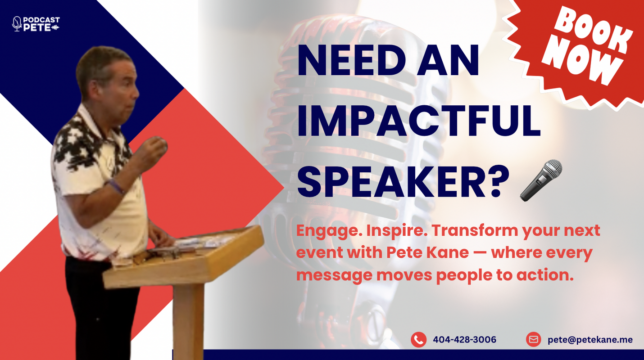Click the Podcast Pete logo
(x=36, y=24)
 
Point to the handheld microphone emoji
(x=541, y=180)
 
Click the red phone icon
(x=419, y=340)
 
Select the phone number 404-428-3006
(x=465, y=340)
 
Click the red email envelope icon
(x=534, y=339)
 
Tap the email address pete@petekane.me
(x=590, y=340)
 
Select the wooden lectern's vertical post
(x=189, y=322)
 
